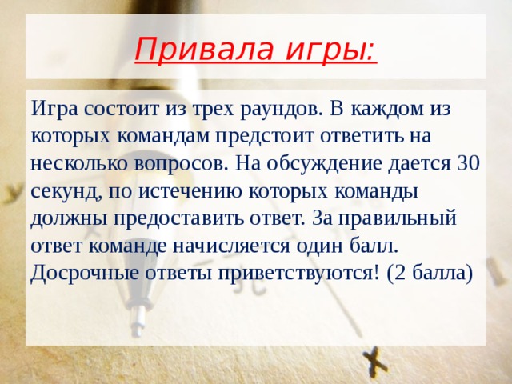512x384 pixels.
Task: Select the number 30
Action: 466,164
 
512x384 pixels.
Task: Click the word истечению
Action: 190,192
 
